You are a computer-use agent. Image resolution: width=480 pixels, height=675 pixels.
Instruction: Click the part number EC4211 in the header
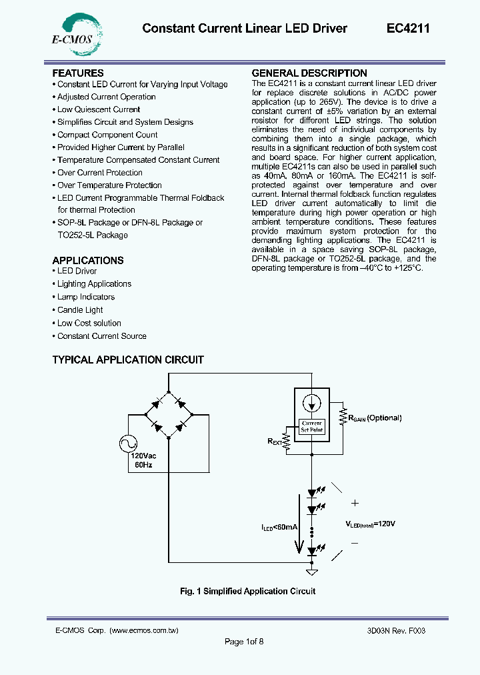(408, 28)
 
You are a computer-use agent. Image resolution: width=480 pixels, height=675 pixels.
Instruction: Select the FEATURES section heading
(78, 73)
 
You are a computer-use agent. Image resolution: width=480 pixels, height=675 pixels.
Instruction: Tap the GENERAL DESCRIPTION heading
(309, 73)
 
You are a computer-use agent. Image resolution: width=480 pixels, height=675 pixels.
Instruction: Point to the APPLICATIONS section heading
(88, 260)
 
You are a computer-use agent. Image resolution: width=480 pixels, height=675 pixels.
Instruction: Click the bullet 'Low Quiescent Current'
(99, 109)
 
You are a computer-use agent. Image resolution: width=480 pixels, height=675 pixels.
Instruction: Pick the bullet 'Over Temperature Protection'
(109, 185)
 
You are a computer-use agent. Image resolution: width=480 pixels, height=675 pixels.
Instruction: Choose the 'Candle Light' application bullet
(80, 310)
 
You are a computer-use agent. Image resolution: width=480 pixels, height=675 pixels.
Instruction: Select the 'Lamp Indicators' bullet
(86, 297)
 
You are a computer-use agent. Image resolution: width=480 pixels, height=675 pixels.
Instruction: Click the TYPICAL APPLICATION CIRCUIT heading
(128, 360)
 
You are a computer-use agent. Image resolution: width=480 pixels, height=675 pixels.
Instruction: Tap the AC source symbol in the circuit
(128, 444)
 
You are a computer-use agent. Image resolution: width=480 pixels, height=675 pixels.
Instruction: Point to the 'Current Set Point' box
(312, 426)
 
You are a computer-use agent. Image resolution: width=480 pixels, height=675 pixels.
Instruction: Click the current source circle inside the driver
(312, 404)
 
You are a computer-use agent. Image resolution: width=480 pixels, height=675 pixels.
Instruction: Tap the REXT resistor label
(276, 441)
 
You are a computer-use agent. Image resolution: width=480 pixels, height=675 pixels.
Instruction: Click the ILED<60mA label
(279, 527)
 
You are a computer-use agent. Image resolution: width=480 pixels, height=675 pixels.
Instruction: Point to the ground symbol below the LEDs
(311, 572)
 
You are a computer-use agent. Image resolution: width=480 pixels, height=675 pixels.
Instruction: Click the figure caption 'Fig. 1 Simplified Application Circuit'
(248, 591)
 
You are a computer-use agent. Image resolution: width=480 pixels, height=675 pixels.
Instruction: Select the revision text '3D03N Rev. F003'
(396, 630)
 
